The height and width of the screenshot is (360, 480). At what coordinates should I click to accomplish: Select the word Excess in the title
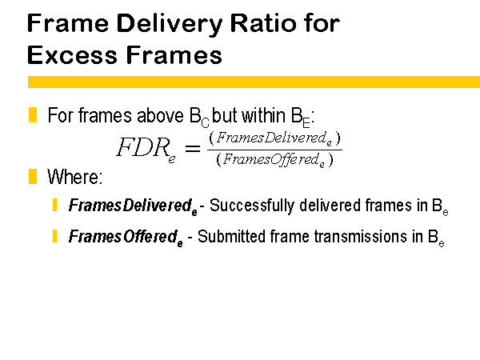(72, 54)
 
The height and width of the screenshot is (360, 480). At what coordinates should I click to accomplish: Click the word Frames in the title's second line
(174, 54)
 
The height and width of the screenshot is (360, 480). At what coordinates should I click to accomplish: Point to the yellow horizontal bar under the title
(254, 82)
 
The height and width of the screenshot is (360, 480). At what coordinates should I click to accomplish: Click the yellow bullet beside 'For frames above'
(33, 114)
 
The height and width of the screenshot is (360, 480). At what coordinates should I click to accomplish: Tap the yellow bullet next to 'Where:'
(33, 176)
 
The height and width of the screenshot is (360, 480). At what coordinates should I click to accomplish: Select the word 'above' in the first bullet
(160, 115)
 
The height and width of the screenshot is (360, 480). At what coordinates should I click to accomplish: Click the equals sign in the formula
(193, 149)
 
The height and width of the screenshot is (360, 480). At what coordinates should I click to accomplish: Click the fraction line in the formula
(274, 150)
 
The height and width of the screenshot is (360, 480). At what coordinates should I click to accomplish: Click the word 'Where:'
(75, 177)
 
